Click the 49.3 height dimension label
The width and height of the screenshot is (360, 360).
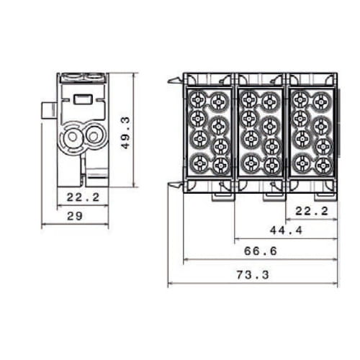(125, 132)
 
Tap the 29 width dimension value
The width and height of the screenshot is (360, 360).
(75, 216)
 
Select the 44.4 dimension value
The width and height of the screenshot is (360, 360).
(287, 230)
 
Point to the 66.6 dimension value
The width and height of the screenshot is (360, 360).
(261, 251)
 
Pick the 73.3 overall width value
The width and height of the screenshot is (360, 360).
(253, 275)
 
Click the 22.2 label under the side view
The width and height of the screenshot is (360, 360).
(83, 197)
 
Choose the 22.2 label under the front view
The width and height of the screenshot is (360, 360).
(312, 211)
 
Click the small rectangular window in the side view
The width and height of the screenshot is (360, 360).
(83, 99)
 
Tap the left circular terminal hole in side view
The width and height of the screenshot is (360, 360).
(72, 137)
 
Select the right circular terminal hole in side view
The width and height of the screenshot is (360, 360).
(93, 136)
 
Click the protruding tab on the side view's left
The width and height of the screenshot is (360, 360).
(49, 110)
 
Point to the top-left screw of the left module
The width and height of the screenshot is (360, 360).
(198, 99)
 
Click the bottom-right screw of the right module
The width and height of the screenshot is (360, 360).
(323, 166)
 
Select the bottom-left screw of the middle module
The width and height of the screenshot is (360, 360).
(251, 163)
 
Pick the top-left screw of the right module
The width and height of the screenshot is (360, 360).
(301, 99)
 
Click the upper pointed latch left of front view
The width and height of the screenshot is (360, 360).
(175, 81)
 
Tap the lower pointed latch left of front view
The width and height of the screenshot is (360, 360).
(176, 185)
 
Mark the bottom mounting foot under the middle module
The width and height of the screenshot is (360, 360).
(274, 197)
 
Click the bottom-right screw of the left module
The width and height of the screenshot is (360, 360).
(220, 166)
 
